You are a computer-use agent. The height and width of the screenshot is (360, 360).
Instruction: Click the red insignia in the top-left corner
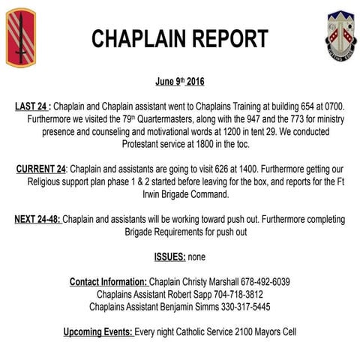[x=20, y=37]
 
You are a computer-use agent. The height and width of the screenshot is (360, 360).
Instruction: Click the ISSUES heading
[x=170, y=256]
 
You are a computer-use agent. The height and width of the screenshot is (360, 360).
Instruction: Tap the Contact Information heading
[x=109, y=282]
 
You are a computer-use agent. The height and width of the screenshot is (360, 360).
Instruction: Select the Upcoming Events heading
[x=98, y=331]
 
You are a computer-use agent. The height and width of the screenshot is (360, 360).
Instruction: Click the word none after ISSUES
[x=197, y=256]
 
